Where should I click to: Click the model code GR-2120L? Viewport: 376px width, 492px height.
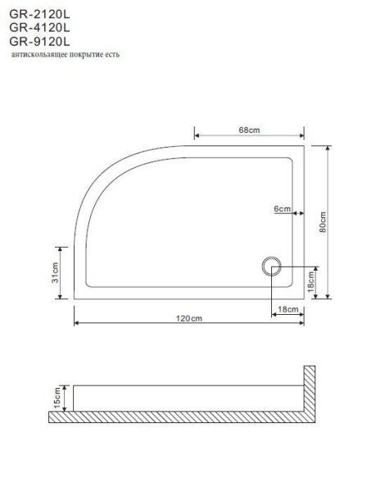(39, 12)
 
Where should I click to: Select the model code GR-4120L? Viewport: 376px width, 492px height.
(39, 26)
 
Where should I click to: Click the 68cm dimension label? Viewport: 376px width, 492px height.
(249, 130)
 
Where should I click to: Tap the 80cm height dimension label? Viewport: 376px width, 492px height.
(323, 222)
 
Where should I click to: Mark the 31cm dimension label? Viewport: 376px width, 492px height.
(55, 272)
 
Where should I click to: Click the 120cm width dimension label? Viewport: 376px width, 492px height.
(188, 317)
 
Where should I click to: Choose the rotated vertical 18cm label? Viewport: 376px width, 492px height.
(311, 283)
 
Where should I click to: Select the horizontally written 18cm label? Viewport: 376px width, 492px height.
(288, 308)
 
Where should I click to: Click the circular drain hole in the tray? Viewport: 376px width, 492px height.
(272, 266)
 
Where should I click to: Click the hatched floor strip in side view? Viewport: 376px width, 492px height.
(180, 417)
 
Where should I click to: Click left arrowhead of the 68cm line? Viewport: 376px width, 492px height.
(197, 136)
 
